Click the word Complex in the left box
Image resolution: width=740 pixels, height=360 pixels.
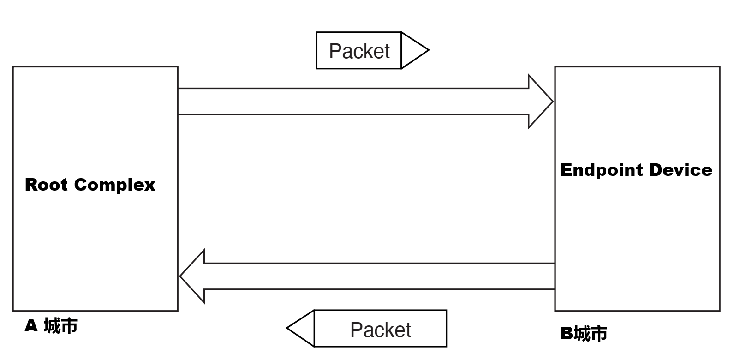pyautogui.click(x=114, y=186)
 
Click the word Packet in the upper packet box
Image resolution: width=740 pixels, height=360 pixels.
pyautogui.click(x=359, y=51)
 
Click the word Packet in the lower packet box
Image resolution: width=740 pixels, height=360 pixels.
pyautogui.click(x=380, y=330)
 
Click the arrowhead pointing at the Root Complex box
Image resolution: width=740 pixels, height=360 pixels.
pyautogui.click(x=192, y=276)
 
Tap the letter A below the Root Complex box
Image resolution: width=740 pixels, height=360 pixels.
pyautogui.click(x=31, y=326)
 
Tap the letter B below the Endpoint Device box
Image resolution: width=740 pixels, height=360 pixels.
pyautogui.click(x=567, y=334)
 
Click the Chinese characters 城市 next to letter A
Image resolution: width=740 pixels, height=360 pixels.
pyautogui.click(x=60, y=326)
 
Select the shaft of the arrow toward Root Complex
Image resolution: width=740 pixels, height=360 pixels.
pyautogui.click(x=378, y=276)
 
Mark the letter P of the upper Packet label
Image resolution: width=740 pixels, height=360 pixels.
pyautogui.click(x=335, y=51)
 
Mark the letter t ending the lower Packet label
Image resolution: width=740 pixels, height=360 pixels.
pyautogui.click(x=407, y=330)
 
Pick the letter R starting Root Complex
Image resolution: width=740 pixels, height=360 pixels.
pyautogui.click(x=30, y=185)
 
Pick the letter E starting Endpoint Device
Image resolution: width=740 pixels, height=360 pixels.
pyautogui.click(x=566, y=170)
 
